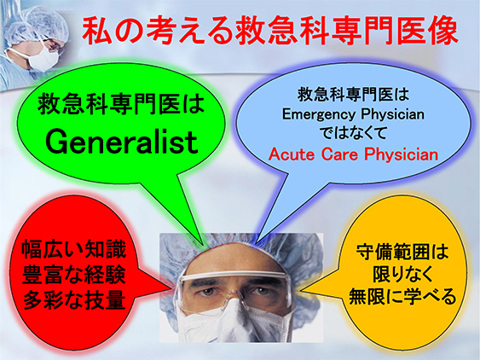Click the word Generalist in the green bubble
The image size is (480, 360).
(x=122, y=142)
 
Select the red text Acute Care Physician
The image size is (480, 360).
(x=353, y=154)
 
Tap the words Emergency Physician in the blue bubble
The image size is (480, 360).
(x=353, y=114)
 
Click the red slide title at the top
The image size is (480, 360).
(x=270, y=31)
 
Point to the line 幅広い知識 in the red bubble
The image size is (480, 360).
(x=74, y=249)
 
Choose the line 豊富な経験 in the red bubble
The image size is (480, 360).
(x=74, y=274)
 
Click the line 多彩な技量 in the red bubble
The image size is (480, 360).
(x=74, y=299)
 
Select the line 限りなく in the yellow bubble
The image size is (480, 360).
(x=402, y=274)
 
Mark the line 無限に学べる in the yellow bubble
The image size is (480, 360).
(x=402, y=296)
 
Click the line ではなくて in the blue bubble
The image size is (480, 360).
(x=353, y=133)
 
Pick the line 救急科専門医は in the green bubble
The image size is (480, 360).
(x=121, y=104)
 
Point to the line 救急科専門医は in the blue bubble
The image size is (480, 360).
(x=353, y=94)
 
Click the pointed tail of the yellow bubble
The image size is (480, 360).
(x=303, y=290)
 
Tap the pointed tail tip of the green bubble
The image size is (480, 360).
(x=203, y=245)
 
